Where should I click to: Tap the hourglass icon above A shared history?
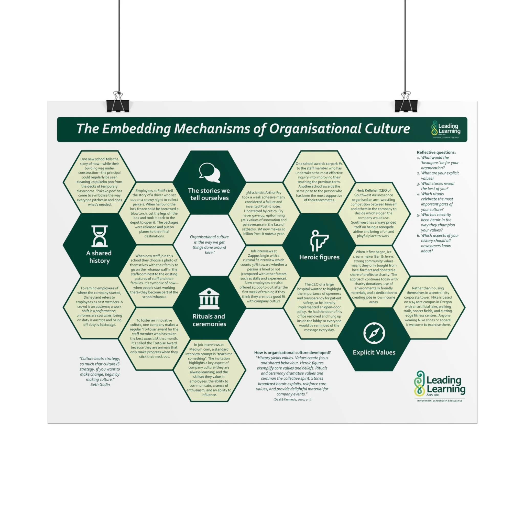point(99,236)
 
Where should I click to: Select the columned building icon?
point(209,298)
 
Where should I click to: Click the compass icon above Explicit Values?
point(374,333)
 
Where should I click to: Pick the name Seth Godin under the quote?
point(100,384)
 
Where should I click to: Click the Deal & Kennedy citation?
point(292,399)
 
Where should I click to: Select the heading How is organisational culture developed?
point(292,353)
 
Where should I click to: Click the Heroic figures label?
point(319,257)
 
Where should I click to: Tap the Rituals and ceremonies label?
point(209,320)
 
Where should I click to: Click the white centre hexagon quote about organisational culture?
point(209,245)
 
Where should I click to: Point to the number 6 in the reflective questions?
point(419,235)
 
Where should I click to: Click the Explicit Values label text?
point(374,352)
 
